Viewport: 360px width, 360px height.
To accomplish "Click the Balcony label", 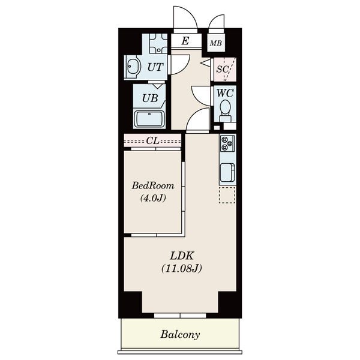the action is click(180, 335).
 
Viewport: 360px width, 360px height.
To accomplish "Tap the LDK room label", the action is click(182, 256).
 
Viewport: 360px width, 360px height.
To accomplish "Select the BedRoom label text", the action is click(152, 185).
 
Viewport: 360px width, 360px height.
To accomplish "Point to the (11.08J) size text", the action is click(182, 268).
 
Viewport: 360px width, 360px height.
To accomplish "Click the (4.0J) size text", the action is click(153, 197).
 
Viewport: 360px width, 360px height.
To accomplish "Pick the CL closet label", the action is click(152, 140).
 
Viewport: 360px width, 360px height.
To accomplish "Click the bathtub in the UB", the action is click(149, 119).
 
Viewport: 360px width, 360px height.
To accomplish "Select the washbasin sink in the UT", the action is click(133, 67).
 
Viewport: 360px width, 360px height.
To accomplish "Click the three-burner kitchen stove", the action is click(227, 143).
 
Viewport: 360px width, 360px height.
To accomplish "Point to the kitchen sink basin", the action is click(227, 172).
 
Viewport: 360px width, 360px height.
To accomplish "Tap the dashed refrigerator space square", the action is click(227, 195).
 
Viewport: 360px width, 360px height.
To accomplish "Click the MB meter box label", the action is click(216, 43).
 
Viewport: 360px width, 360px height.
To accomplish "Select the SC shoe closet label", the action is click(223, 69).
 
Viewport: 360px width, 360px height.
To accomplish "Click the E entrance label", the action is click(185, 41).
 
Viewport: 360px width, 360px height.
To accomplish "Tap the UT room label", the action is click(155, 67).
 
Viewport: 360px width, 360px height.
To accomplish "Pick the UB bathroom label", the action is click(150, 98).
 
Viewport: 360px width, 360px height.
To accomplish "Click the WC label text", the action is click(225, 93).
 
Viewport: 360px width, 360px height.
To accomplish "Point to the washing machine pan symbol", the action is click(158, 43).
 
